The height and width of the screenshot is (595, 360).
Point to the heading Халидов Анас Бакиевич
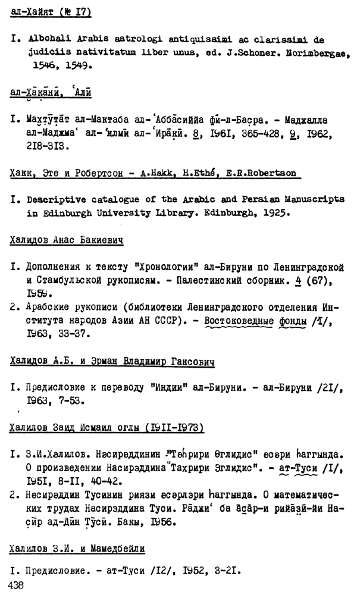point(67,240)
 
